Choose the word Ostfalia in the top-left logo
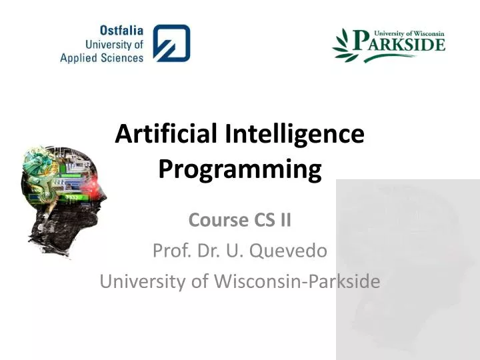(x=121, y=31)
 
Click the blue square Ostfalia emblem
(x=171, y=43)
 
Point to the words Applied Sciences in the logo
(x=101, y=58)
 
